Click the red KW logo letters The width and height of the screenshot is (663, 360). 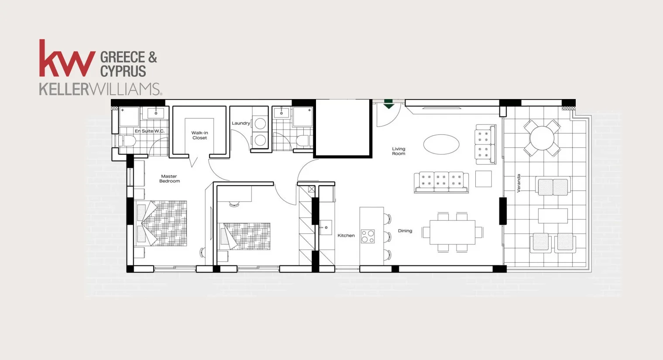pos(67,58)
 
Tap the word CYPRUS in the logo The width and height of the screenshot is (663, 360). pos(123,71)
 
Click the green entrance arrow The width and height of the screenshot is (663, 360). pos(388,104)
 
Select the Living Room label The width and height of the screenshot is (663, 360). pos(398,151)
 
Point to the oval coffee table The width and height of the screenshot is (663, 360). pos(441,144)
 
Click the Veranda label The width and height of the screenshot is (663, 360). pos(519,183)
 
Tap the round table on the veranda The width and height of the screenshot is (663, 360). pos(542,138)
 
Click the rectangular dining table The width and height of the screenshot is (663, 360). pos(452,232)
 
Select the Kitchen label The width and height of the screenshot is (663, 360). pos(346,236)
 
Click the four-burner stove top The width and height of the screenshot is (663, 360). pos(368,237)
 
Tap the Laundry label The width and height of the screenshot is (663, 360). pos(240,123)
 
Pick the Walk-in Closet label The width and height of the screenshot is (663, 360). pos(199,135)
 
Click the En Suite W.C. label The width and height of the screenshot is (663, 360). pos(149,131)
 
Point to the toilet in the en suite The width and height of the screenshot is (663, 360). pos(127,141)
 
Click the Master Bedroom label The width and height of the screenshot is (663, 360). pos(169,178)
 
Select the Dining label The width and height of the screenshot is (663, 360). pos(405,231)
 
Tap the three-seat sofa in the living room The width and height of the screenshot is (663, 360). pos(441,182)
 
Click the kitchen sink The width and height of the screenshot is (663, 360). pos(326,227)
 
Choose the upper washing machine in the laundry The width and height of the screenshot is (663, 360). pos(260,123)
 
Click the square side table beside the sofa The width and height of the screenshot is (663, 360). pos(483,178)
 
